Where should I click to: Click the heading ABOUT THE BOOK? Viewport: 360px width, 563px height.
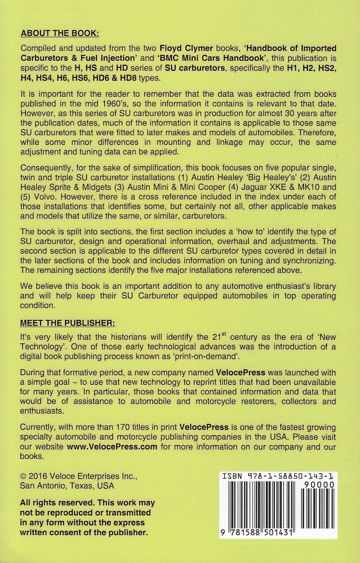tap(60, 34)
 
